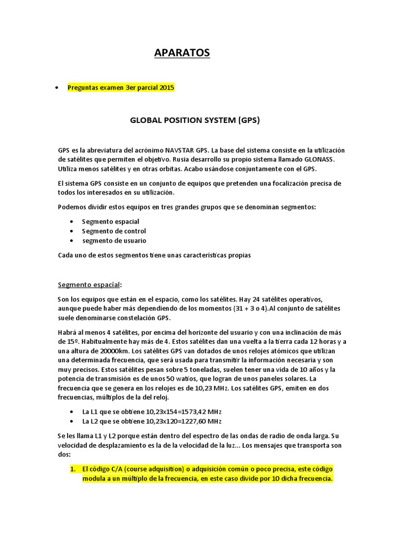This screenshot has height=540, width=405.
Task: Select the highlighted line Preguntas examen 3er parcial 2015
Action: pos(121,88)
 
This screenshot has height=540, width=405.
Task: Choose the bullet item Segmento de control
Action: pos(114,231)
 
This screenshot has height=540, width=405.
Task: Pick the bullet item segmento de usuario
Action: pos(114,240)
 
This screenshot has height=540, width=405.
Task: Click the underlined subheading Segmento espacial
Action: pos(89,285)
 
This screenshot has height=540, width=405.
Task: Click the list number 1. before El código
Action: pos(73,468)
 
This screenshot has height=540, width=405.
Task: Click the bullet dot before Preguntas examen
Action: pos(56,88)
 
